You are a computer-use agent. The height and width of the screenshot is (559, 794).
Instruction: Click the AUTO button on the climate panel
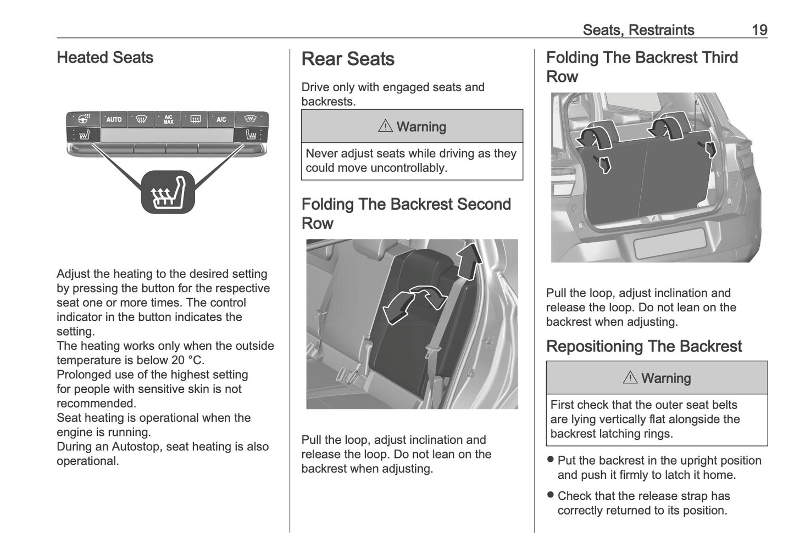[114, 119]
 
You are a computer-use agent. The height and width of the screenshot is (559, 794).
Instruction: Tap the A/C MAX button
[168, 119]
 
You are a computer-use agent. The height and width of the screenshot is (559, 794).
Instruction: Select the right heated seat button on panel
[251, 135]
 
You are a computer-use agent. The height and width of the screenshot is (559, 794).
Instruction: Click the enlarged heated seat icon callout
[168, 192]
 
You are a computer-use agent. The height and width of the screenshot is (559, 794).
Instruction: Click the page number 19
[759, 30]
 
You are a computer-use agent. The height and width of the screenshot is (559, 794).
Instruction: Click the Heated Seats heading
[105, 58]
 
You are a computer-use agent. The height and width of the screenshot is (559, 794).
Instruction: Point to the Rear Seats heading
[348, 59]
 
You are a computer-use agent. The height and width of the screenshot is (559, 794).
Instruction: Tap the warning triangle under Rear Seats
[385, 126]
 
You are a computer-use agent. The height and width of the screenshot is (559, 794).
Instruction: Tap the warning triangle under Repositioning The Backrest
[630, 378]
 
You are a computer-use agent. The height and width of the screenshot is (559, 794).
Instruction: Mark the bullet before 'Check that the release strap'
[551, 495]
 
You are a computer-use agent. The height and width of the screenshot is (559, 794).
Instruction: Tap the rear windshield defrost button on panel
[195, 119]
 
